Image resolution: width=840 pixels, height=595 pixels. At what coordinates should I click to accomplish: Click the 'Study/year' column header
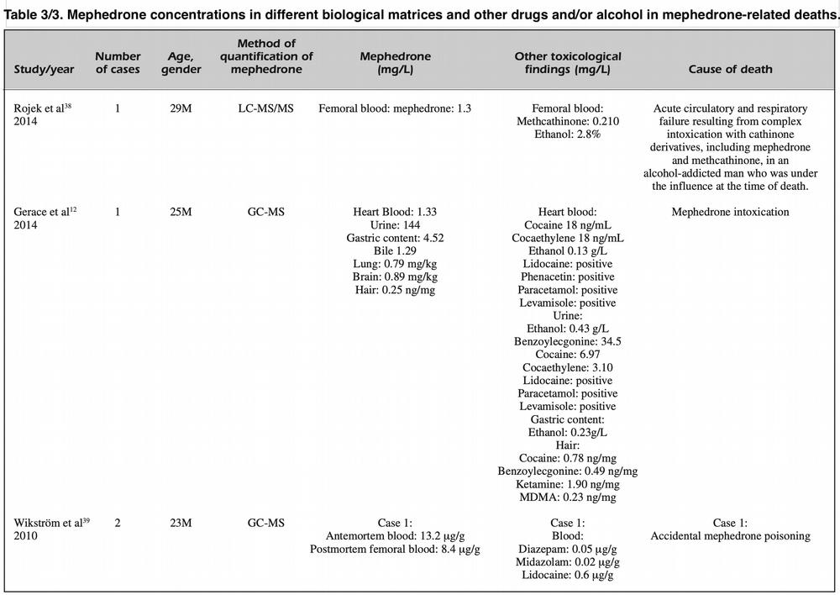(44, 69)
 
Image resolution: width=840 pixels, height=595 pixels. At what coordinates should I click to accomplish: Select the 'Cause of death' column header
(730, 69)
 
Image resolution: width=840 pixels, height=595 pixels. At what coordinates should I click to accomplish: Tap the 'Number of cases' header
(118, 63)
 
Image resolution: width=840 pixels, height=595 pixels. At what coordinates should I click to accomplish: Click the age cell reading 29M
(181, 108)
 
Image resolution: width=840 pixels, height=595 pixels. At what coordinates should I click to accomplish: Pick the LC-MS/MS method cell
(265, 108)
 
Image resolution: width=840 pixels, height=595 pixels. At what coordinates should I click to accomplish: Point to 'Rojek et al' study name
(39, 108)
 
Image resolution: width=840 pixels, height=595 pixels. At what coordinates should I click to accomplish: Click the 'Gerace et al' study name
(41, 212)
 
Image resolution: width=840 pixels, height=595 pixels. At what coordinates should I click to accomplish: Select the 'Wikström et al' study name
(48, 523)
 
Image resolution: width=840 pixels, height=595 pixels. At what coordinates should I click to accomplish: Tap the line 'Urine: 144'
(395, 225)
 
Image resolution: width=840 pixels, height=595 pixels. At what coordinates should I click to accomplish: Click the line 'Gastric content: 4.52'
(395, 238)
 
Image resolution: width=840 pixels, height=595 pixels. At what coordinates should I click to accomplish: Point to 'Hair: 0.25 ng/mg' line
(395, 290)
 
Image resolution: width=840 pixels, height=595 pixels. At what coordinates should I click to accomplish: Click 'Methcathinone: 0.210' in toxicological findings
(567, 121)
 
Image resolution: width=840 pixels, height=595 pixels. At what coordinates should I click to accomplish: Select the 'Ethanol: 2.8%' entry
(567, 134)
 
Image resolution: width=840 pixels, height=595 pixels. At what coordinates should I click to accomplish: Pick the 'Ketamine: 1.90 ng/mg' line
(567, 485)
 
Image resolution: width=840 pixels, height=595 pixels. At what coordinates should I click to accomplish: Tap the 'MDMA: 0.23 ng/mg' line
(567, 498)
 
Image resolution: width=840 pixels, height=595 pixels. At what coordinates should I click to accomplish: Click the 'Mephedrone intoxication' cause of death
(730, 212)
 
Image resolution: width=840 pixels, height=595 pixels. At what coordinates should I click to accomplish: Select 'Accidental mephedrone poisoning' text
(730, 536)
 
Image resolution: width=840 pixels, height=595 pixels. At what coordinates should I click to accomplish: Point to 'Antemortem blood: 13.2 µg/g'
(395, 536)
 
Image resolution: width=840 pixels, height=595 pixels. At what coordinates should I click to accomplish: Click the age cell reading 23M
(181, 523)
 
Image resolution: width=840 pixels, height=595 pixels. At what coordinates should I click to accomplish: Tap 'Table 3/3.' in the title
(34, 14)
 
